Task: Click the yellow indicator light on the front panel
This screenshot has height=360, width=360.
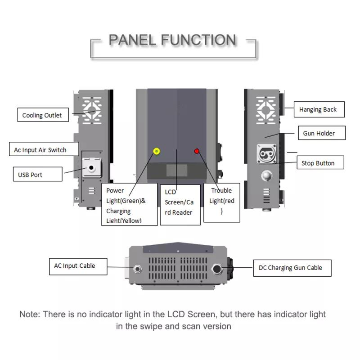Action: (157, 151)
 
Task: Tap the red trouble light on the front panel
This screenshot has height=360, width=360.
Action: (197, 151)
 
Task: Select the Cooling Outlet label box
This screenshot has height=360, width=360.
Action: (43, 115)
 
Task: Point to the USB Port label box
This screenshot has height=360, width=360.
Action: (38, 174)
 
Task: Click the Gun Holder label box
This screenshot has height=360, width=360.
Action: (322, 133)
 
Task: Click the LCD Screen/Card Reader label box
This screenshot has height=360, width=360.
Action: (180, 205)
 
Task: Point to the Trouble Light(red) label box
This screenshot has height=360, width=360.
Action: (222, 202)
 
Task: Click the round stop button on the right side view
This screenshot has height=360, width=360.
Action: (266, 176)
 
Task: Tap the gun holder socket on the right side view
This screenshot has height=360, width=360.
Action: (266, 153)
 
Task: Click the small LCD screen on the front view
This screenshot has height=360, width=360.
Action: (177, 171)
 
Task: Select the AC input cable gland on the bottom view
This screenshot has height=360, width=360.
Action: (138, 269)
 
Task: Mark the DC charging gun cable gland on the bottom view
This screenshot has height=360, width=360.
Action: (217, 269)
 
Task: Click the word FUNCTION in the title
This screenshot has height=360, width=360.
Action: (198, 40)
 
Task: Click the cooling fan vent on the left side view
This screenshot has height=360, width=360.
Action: (92, 110)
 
